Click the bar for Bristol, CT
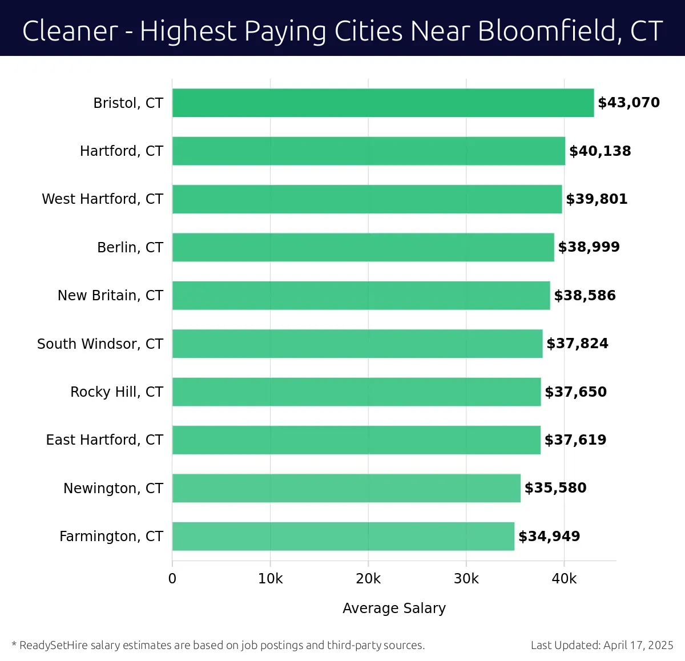(x=382, y=103)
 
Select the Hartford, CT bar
(x=368, y=151)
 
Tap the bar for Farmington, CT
(x=343, y=536)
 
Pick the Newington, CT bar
(x=346, y=488)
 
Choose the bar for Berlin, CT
(x=363, y=247)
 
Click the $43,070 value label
(x=628, y=103)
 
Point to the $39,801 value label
(x=597, y=199)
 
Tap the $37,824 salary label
(x=577, y=344)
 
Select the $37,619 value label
(x=575, y=440)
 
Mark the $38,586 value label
(x=585, y=296)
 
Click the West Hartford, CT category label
(x=102, y=199)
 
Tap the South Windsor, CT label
(x=100, y=344)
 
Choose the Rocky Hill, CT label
(x=116, y=392)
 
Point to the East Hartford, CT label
(x=104, y=440)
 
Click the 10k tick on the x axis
(x=270, y=579)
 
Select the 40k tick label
(x=564, y=579)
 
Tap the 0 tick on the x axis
(x=172, y=579)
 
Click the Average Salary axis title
(x=394, y=608)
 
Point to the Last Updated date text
(x=602, y=646)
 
